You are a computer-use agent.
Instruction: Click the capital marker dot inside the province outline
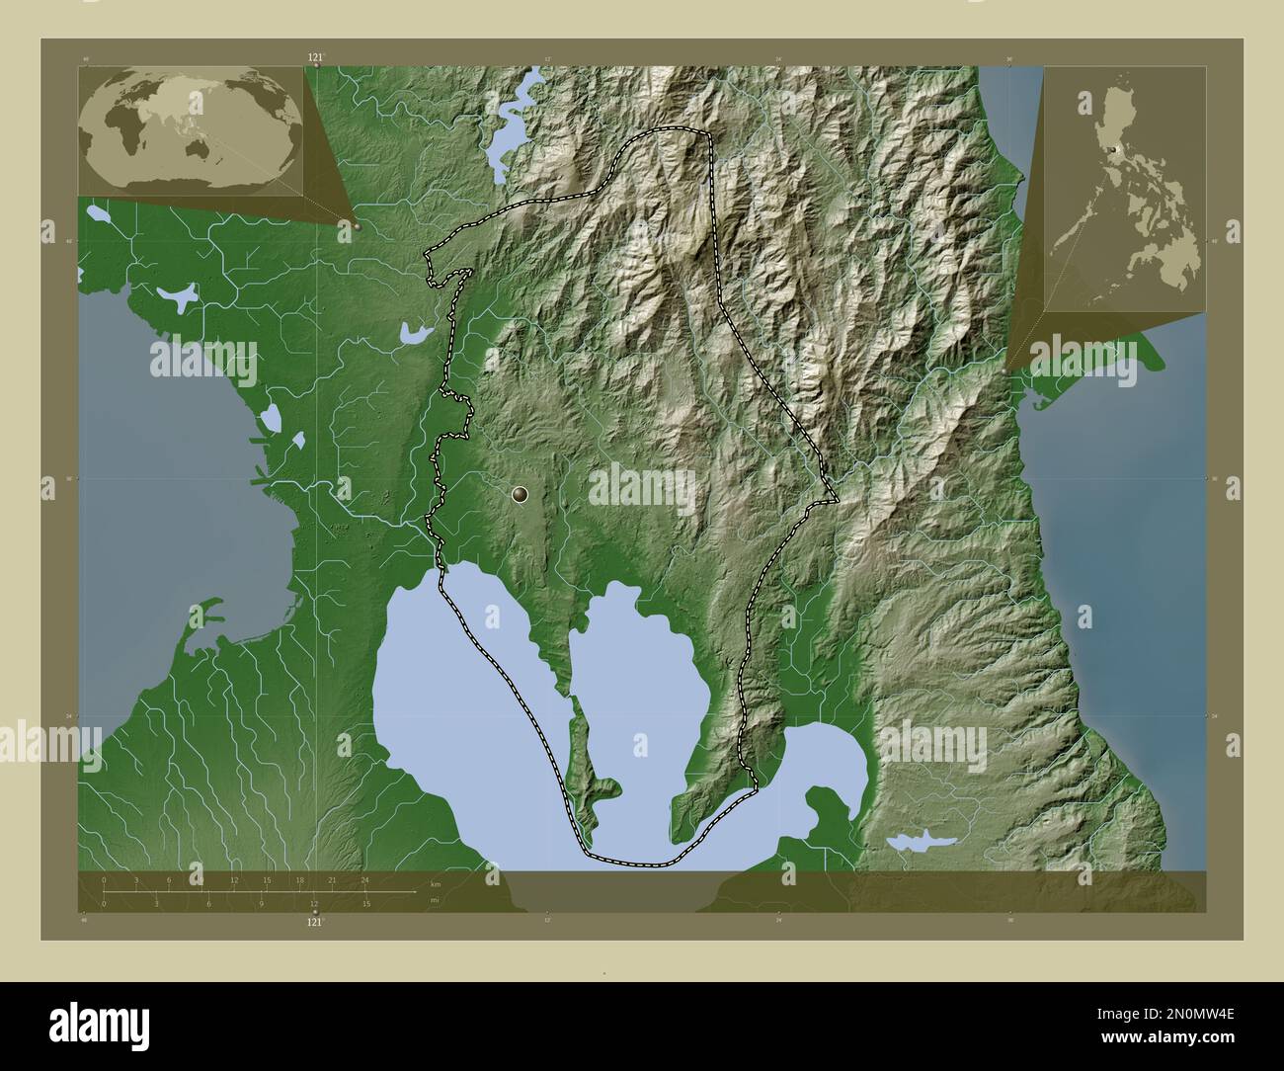click(521, 493)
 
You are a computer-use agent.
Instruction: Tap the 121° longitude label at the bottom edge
click(315, 922)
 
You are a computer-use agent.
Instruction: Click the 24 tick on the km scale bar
click(364, 880)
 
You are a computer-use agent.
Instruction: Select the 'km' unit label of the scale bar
click(435, 883)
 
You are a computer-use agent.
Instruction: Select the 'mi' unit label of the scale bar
click(434, 900)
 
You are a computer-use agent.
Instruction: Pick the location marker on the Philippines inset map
click(1113, 149)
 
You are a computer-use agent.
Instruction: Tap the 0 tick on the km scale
click(104, 880)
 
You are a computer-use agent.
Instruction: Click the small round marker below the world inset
click(358, 226)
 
